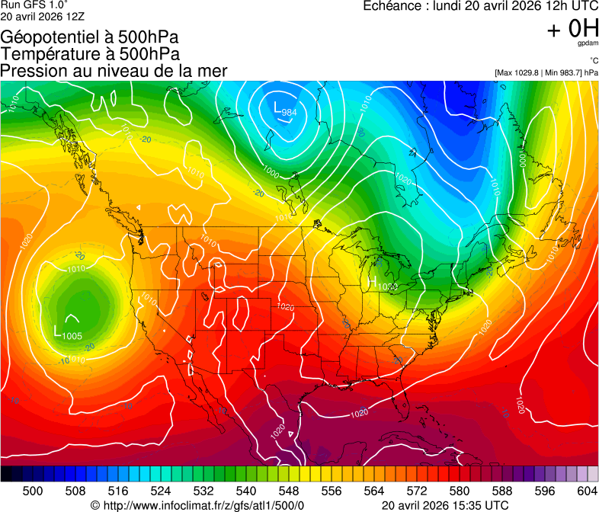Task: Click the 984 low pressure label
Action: click(289, 113)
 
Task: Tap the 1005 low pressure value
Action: click(72, 336)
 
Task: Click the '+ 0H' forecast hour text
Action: click(572, 29)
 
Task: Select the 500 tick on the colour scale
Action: click(33, 491)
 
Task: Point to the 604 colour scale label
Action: click(587, 491)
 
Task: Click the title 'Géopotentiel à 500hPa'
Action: click(95, 37)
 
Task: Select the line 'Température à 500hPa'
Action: click(91, 54)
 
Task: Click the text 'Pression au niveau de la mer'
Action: click(114, 71)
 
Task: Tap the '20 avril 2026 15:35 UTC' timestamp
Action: click(444, 505)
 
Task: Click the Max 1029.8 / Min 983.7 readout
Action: click(546, 73)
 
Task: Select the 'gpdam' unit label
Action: click(586, 43)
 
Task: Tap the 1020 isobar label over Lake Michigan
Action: click(388, 286)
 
